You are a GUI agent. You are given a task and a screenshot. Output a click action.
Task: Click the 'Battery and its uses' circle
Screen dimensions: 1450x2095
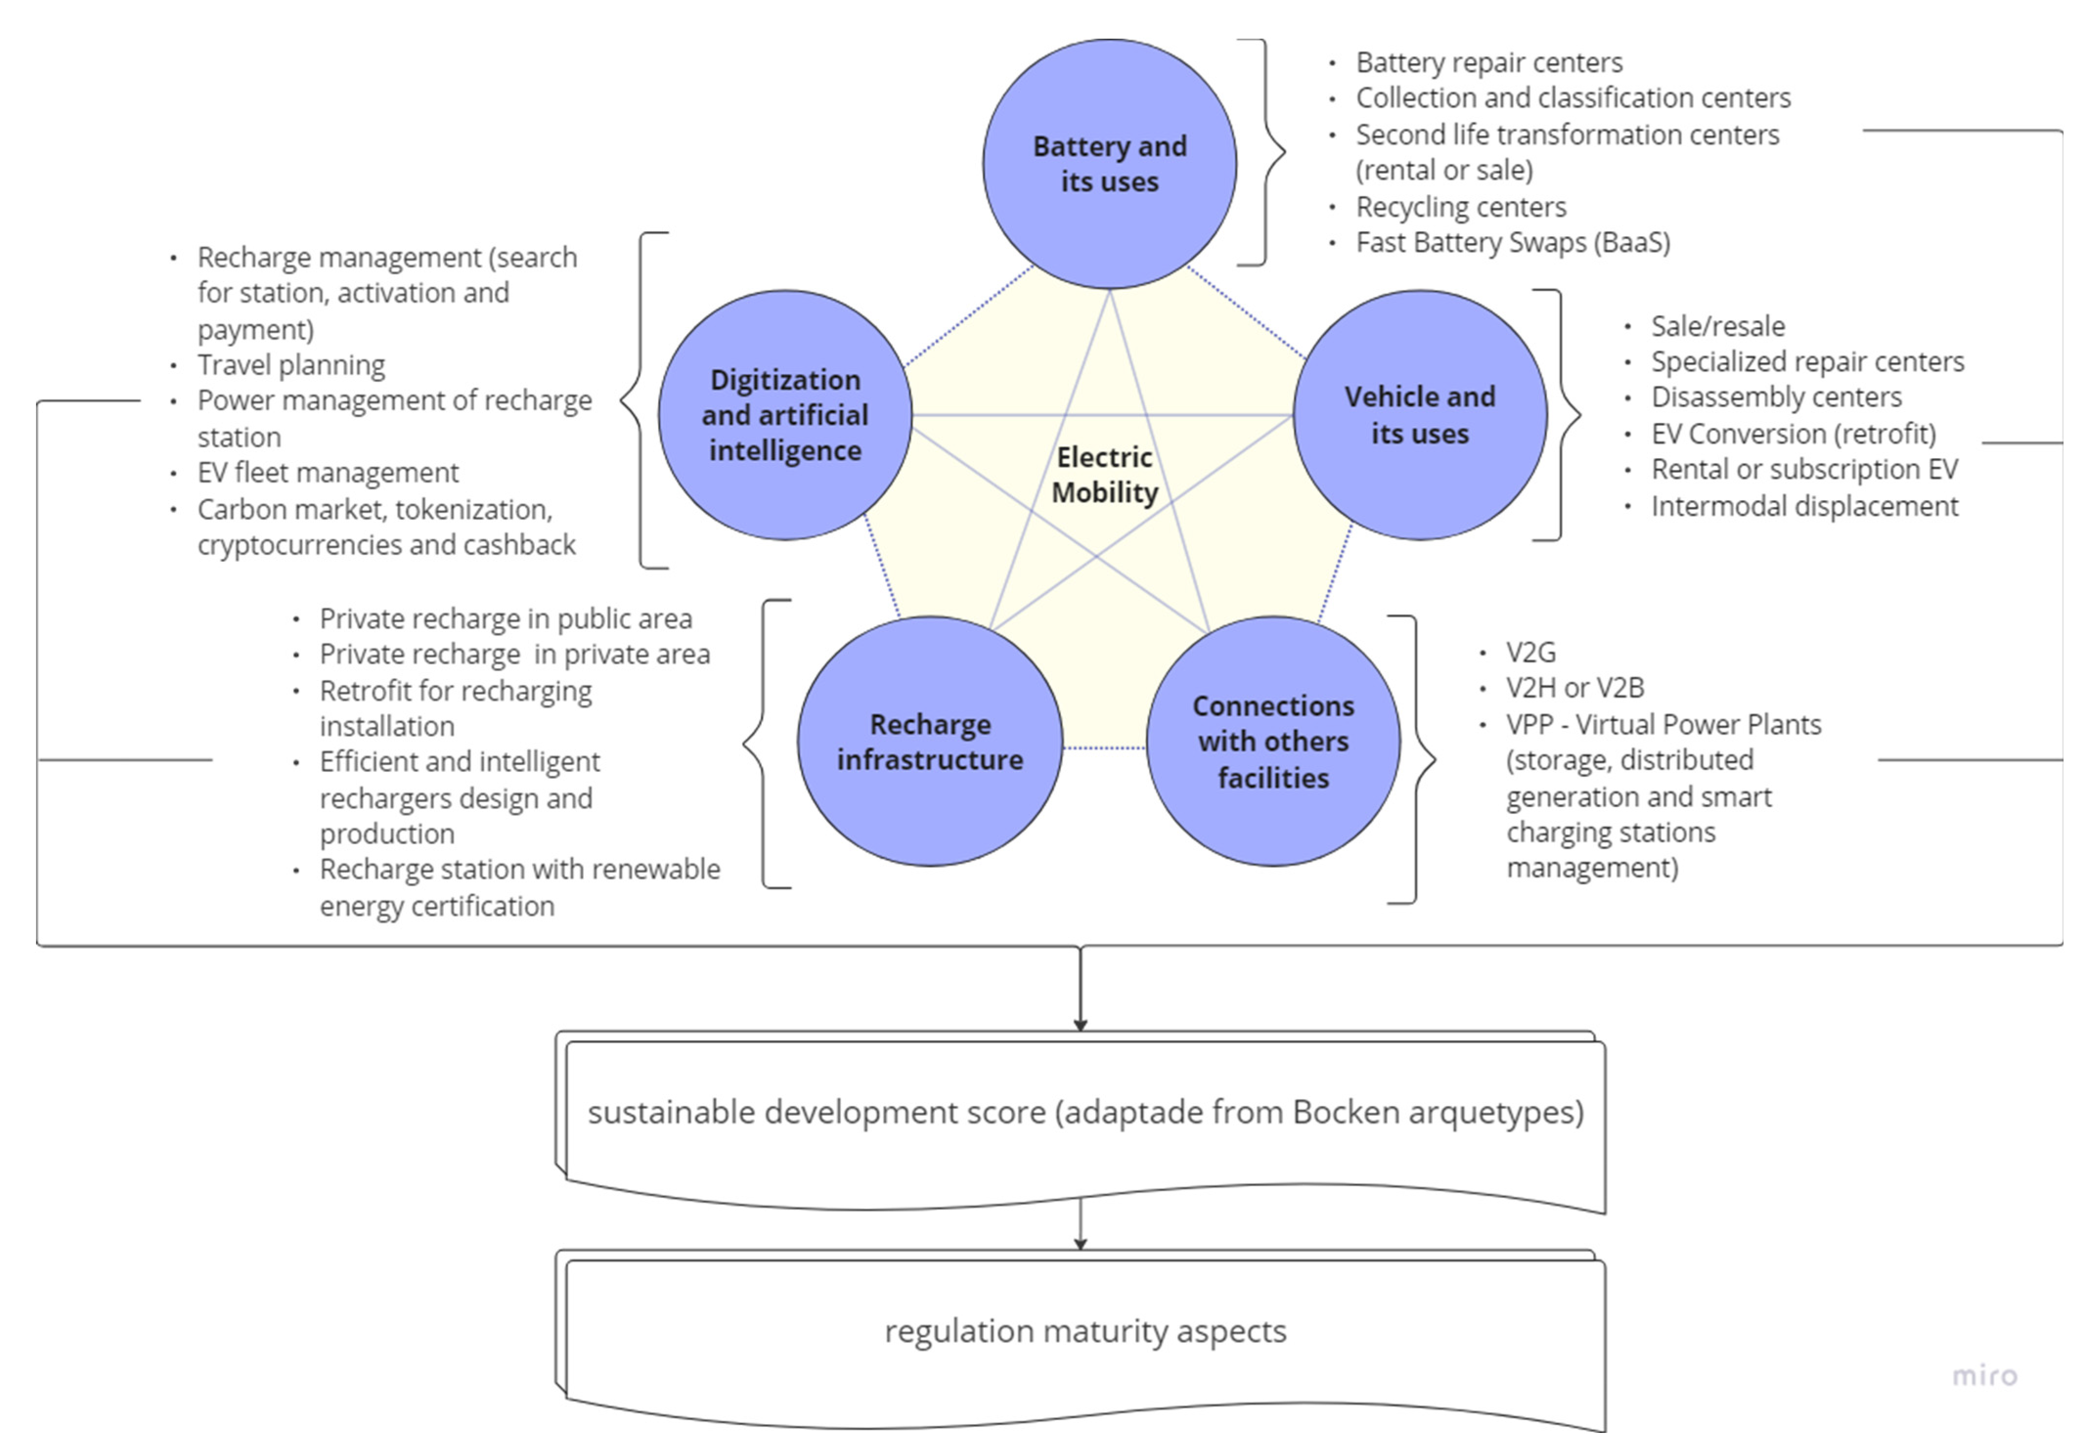click(x=1109, y=164)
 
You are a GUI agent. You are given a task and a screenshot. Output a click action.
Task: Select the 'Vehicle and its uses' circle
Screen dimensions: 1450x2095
click(x=1419, y=415)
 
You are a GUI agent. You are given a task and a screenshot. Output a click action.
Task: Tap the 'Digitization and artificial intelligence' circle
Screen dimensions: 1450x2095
click(x=785, y=415)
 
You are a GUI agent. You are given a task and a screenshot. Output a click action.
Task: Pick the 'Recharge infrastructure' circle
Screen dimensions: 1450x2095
click(x=929, y=741)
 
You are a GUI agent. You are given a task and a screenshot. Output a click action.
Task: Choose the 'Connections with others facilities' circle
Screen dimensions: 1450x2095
click(x=1273, y=741)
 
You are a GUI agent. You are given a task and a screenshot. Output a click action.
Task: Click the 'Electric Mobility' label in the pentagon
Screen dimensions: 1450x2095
click(x=1105, y=474)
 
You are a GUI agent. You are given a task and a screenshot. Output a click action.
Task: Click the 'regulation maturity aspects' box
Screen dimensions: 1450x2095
click(x=1085, y=1332)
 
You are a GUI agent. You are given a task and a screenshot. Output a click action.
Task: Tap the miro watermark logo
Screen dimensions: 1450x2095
click(x=1984, y=1376)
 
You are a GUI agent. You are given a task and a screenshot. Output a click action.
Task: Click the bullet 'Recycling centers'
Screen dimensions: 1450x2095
click(x=1461, y=207)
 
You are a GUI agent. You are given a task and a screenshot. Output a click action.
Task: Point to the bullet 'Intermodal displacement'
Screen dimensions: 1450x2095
click(x=1804, y=506)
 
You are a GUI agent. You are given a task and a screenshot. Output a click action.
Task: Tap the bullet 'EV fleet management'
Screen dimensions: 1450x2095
click(x=328, y=472)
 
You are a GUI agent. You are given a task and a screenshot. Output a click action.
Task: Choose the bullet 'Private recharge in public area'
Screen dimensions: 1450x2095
click(x=505, y=619)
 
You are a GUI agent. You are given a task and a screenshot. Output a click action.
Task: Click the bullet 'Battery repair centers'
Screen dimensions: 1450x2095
click(x=1489, y=63)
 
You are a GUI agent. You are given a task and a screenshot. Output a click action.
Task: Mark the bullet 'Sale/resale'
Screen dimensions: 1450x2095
click(x=1717, y=326)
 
